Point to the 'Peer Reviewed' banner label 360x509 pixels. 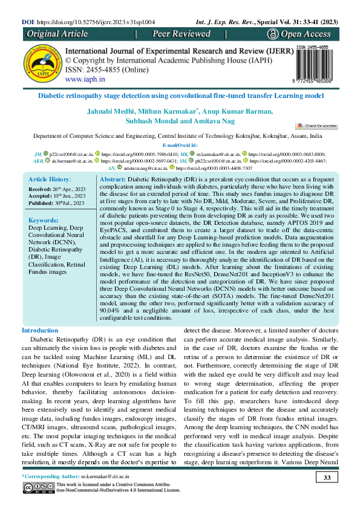(x=182, y=34)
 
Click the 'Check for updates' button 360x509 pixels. (x=316, y=125)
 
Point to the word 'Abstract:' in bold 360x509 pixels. (x=112, y=180)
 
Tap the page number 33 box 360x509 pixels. (x=326, y=479)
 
